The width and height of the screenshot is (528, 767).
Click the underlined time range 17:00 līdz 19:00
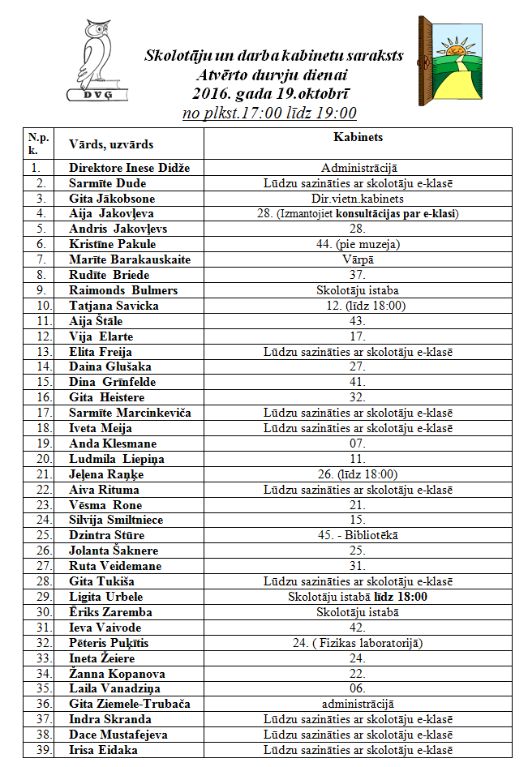click(270, 114)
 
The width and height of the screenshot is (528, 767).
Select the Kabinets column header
click(358, 138)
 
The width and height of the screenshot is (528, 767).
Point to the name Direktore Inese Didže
click(129, 168)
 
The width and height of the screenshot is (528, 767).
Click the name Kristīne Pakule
click(112, 244)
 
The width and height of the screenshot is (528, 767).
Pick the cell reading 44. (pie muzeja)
click(358, 244)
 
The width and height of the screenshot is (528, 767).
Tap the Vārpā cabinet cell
click(358, 259)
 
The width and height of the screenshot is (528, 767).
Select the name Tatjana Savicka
click(114, 306)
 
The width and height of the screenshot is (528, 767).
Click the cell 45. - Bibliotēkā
click(358, 535)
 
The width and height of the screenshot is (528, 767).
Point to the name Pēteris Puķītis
click(109, 643)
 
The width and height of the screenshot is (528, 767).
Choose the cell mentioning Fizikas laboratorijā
click(358, 643)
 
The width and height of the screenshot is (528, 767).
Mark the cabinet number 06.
click(358, 688)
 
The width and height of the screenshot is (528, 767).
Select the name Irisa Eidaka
click(105, 750)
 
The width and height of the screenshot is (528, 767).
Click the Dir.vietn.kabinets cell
click(358, 199)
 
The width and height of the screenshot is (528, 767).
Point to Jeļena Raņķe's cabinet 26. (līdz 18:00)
click(358, 474)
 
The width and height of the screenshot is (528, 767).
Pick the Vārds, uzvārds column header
click(111, 144)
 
